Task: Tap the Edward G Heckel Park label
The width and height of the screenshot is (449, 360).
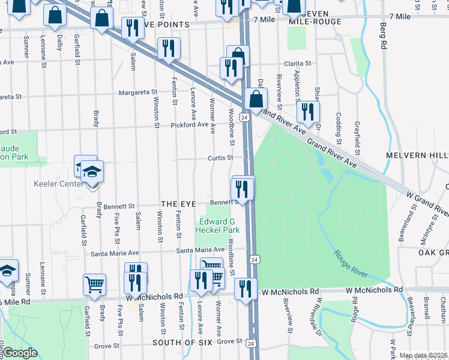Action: click(220, 225)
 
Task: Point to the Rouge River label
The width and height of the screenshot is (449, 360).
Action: click(351, 264)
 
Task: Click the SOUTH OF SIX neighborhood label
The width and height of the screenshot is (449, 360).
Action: click(182, 342)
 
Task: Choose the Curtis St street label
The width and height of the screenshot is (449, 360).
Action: click(220, 158)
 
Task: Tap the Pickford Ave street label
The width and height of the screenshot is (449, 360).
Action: click(189, 125)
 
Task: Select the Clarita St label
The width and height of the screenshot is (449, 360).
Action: click(298, 63)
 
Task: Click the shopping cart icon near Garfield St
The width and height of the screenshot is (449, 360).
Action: click(95, 286)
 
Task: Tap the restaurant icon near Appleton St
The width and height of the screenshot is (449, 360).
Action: click(307, 111)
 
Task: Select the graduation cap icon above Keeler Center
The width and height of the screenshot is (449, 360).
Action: click(92, 172)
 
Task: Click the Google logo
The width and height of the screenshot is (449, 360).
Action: click(20, 353)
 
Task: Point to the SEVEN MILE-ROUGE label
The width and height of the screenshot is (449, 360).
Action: click(315, 17)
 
